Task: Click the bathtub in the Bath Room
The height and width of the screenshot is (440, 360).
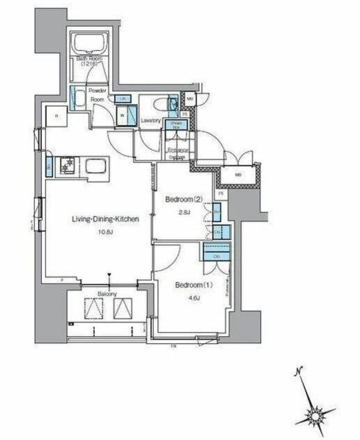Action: tap(89, 47)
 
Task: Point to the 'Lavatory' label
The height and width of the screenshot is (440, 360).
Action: tap(150, 121)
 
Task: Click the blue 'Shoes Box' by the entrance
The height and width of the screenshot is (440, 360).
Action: tap(177, 125)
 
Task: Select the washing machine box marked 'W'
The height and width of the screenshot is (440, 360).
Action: tap(122, 115)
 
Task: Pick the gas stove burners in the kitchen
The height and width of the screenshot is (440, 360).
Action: tap(67, 165)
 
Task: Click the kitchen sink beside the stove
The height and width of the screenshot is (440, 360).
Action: tap(94, 166)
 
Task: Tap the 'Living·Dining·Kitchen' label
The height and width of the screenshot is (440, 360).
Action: tap(106, 219)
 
